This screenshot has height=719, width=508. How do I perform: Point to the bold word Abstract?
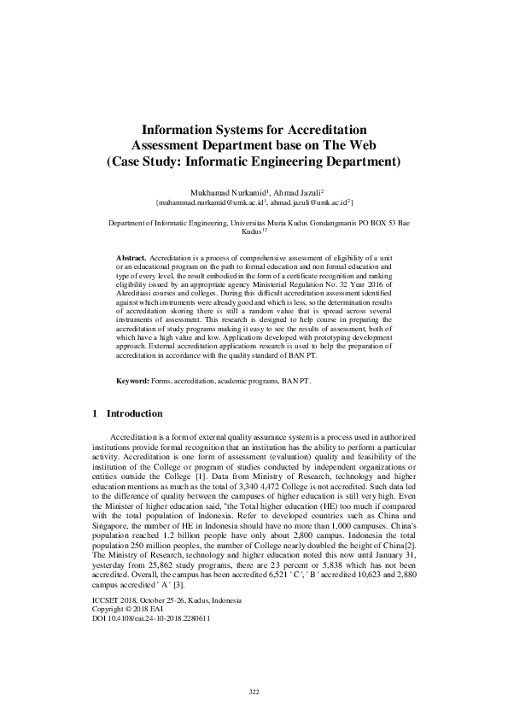pos(131,257)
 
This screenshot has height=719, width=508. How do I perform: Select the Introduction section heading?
pos(133,414)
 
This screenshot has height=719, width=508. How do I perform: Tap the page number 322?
pos(254,691)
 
